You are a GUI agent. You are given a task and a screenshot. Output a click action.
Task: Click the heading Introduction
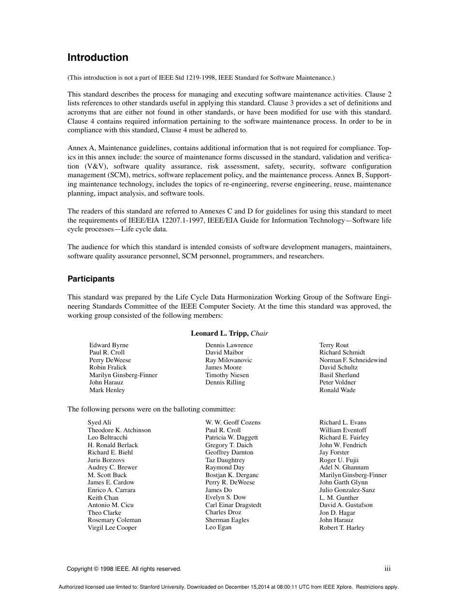click(x=98, y=57)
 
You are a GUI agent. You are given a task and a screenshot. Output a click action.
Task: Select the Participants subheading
click(x=91, y=279)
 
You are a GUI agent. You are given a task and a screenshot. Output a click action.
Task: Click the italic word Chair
click(x=259, y=333)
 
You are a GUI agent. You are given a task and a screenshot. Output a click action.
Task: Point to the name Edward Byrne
click(x=109, y=345)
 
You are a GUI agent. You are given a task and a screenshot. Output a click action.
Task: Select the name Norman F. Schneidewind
click(x=353, y=360)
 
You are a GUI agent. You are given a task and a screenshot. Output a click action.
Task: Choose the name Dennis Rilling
click(x=225, y=382)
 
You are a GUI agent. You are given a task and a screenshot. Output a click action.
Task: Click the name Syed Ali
click(x=99, y=423)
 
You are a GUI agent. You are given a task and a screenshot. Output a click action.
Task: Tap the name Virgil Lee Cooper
click(x=112, y=528)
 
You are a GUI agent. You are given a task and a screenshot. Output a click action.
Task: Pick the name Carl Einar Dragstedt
click(x=233, y=505)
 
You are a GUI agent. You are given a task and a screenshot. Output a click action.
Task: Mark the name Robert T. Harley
click(x=342, y=528)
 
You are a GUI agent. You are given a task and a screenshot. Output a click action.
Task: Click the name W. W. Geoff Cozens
click(x=232, y=423)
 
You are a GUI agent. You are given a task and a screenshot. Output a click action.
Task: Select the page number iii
click(x=387, y=569)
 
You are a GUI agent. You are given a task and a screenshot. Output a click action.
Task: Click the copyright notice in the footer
click(x=124, y=569)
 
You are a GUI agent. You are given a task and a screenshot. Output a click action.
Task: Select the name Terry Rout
click(x=334, y=345)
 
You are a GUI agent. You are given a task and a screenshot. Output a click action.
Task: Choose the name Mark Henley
click(x=107, y=390)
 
